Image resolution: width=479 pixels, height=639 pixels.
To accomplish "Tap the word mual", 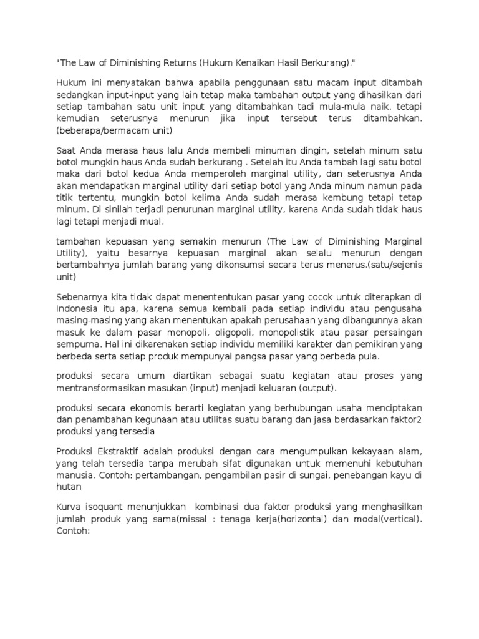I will [x=152, y=221].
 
